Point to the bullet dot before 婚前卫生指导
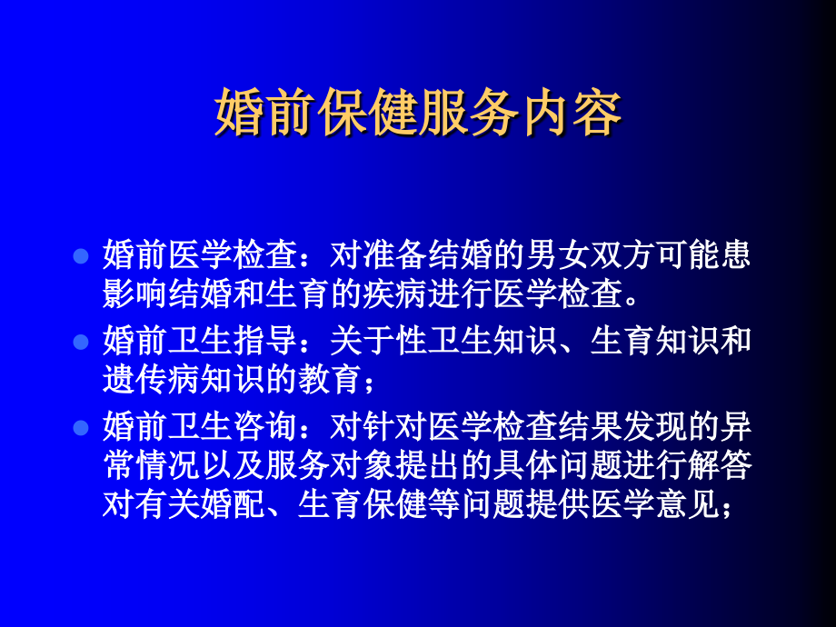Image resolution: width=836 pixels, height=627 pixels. point(80,343)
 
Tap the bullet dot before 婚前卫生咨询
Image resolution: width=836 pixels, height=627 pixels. point(80,427)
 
